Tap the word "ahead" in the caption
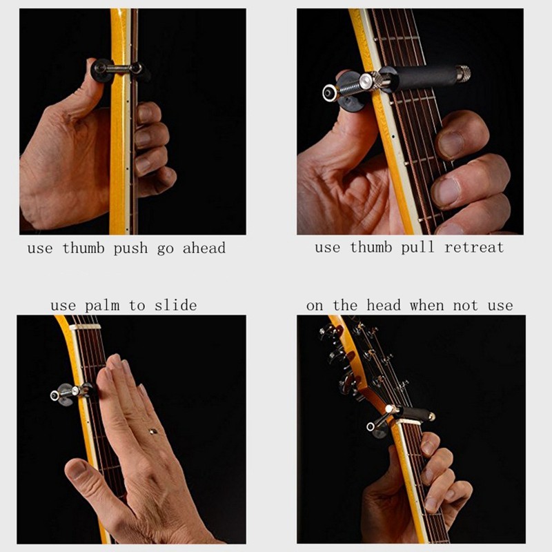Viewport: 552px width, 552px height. click(204, 248)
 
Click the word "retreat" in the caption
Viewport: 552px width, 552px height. click(474, 247)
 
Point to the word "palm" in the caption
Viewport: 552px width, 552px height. click(102, 306)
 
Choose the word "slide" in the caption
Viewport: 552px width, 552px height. click(176, 305)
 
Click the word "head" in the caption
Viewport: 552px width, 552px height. click(384, 305)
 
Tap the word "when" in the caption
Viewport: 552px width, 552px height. click(426, 305)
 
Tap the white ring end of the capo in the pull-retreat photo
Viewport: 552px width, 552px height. click(331, 93)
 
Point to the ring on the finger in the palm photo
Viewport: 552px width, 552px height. click(152, 431)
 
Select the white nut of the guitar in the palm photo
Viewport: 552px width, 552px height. click(85, 327)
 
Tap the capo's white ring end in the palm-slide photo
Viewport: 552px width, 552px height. click(55, 395)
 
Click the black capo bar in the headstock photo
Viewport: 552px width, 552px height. click(415, 412)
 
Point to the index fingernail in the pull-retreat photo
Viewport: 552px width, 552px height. click(451, 144)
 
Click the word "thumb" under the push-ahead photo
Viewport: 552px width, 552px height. click(83, 248)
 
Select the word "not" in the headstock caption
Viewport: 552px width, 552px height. click(466, 305)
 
